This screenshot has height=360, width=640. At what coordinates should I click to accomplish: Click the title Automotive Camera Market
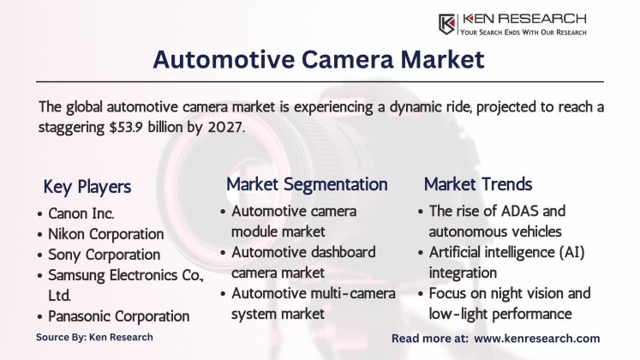click(319, 59)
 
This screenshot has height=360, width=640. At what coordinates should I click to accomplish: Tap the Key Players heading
click(87, 187)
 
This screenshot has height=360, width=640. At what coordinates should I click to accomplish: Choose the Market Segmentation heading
click(307, 183)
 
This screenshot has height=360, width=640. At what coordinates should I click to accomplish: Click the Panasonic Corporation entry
click(120, 316)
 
